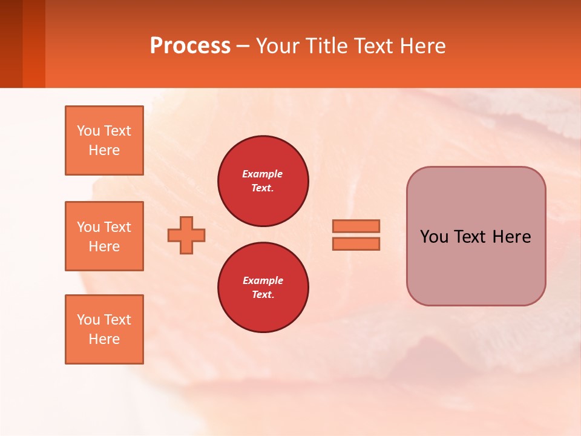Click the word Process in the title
pyautogui.click(x=190, y=46)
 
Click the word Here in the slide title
pyautogui.click(x=421, y=46)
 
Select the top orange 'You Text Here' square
pyautogui.click(x=104, y=140)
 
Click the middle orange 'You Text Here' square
pyautogui.click(x=104, y=236)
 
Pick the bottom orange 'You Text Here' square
pyautogui.click(x=104, y=329)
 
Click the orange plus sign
pyautogui.click(x=186, y=235)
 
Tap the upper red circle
pyautogui.click(x=263, y=181)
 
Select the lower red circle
pyautogui.click(x=263, y=287)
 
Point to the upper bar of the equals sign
pyautogui.click(x=356, y=226)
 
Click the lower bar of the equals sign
pyautogui.click(x=356, y=243)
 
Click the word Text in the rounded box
pyautogui.click(x=474, y=237)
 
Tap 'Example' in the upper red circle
pyautogui.click(x=263, y=174)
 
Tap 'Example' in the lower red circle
pyautogui.click(x=263, y=280)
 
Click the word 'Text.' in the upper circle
pyautogui.click(x=263, y=188)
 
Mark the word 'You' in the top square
pyautogui.click(x=88, y=131)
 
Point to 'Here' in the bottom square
pyautogui.click(x=104, y=339)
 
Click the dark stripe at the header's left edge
pyautogui.click(x=11, y=44)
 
